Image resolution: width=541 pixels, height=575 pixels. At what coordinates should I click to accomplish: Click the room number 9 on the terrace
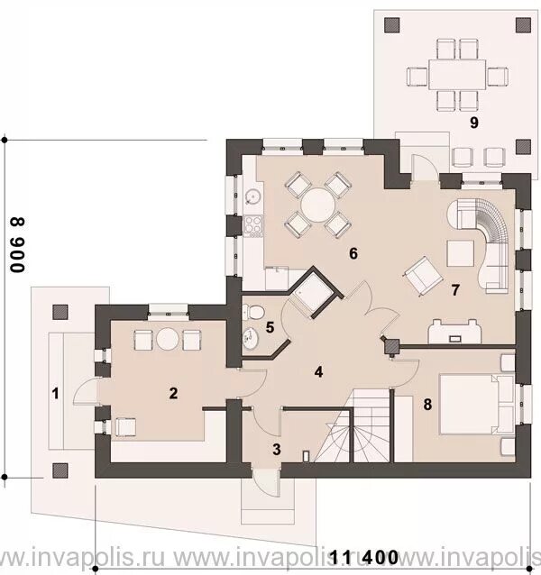click(474, 123)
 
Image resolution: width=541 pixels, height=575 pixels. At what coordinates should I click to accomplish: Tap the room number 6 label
click(353, 253)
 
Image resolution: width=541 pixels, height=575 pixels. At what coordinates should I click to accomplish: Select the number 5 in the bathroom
click(270, 327)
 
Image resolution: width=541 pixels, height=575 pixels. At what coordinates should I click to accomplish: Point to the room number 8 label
click(427, 405)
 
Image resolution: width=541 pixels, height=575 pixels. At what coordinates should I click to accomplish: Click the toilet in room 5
click(253, 313)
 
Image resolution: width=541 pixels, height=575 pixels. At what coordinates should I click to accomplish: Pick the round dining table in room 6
click(317, 205)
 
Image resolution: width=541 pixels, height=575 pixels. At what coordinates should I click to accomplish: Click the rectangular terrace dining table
click(457, 75)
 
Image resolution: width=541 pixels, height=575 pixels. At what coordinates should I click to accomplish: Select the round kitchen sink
click(252, 197)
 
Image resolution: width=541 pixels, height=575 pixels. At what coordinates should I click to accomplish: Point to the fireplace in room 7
click(454, 332)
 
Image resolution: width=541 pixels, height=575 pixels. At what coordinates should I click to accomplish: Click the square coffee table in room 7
click(461, 253)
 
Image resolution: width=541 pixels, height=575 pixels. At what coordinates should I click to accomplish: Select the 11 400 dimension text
click(364, 557)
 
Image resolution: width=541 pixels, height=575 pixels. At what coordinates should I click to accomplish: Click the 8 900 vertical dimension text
click(18, 245)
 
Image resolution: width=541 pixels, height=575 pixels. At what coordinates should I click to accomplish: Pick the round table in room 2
click(167, 339)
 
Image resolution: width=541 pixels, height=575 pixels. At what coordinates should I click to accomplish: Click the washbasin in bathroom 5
click(250, 337)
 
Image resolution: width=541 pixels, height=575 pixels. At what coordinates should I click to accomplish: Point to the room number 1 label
click(55, 394)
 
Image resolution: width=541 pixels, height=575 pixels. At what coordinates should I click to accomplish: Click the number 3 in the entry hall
click(277, 450)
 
